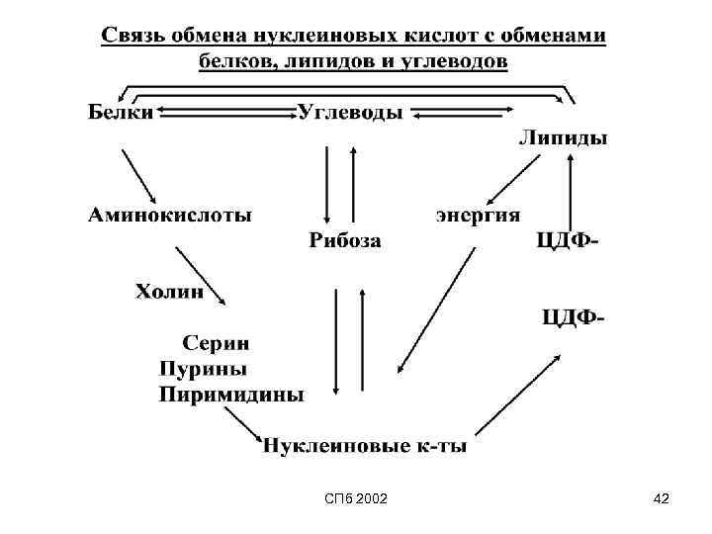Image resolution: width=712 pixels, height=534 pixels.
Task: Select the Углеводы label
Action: (350, 113)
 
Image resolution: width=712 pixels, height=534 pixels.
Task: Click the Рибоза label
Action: (344, 239)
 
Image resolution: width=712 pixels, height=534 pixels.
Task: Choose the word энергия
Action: (478, 215)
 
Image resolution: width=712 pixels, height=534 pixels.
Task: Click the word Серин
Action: (217, 343)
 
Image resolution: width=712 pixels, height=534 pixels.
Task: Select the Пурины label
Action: (203, 368)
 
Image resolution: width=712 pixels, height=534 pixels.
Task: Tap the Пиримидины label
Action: (230, 395)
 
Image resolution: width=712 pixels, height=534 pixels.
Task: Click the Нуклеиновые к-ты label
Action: (364, 446)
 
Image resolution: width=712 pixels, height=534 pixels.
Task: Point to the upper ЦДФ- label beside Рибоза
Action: (568, 240)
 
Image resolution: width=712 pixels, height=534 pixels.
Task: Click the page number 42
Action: (662, 501)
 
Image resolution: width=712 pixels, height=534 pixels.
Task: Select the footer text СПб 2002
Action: (356, 501)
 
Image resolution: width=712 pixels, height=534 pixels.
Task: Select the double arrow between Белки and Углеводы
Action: (225, 113)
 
